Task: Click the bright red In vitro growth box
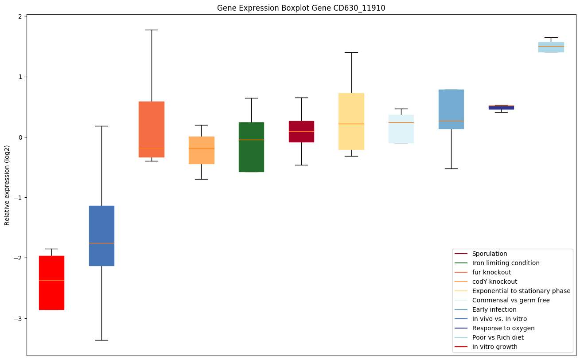point(51,282)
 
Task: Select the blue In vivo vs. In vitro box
point(101,235)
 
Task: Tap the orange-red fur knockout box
point(152,129)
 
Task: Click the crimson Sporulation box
point(301,131)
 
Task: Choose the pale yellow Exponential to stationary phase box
point(351,121)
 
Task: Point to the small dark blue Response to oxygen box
point(501,107)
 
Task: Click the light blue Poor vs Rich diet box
point(551,47)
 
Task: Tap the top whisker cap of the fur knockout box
point(152,30)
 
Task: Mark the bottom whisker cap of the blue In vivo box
point(101,340)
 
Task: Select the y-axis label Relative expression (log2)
point(7,185)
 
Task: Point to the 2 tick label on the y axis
point(20,16)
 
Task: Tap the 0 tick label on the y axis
point(20,137)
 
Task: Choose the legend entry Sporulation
point(489,254)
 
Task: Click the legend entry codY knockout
point(494,282)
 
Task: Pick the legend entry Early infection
point(494,309)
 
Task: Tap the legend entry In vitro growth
point(494,347)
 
